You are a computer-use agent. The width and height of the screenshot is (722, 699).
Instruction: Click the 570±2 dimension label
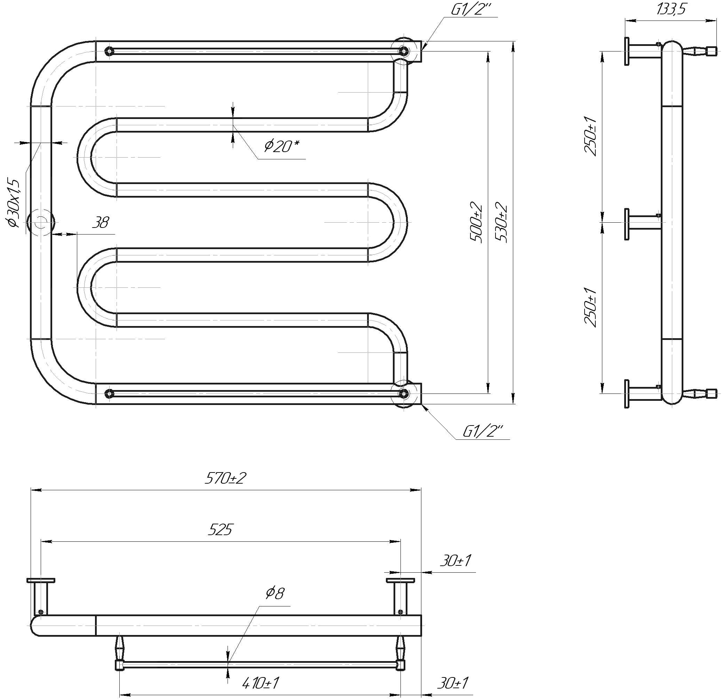tap(225, 478)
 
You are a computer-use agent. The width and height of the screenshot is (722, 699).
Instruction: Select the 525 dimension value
tap(220, 530)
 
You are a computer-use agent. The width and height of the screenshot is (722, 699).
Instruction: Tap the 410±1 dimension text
tap(260, 684)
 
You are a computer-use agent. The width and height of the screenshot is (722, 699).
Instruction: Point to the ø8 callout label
tap(275, 593)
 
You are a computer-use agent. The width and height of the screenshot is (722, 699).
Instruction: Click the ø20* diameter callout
tap(281, 146)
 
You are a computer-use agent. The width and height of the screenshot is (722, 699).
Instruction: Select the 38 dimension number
tap(100, 222)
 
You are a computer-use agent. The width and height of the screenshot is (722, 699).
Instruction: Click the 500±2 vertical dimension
tap(476, 222)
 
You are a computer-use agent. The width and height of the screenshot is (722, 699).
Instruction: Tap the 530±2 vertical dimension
tap(501, 222)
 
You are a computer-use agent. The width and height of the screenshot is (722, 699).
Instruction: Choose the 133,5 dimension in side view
tap(671, 9)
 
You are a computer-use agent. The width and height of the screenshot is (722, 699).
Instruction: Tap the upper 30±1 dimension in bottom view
tap(455, 561)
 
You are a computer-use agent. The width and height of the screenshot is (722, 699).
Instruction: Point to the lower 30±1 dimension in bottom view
tap(453, 684)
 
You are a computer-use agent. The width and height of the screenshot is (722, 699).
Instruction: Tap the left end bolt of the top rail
tap(108, 51)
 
